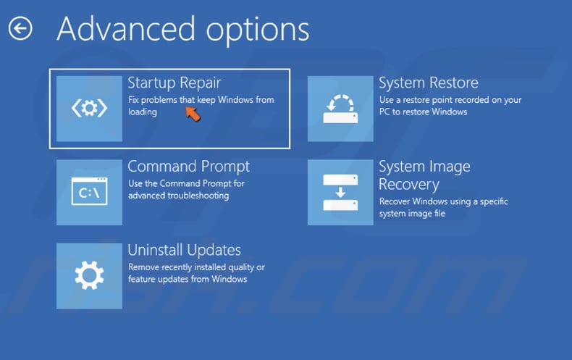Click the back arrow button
(x=20, y=29)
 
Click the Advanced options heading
(x=182, y=29)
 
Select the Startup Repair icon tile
(x=89, y=109)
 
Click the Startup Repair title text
(x=174, y=83)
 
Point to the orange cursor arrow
(x=192, y=113)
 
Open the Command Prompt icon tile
(x=89, y=192)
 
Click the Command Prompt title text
(x=188, y=167)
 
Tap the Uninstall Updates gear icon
(x=89, y=275)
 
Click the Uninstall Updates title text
(x=184, y=250)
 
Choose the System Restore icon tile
(x=340, y=109)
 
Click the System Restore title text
(x=428, y=83)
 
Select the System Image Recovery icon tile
(x=340, y=192)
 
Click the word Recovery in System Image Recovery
(x=408, y=185)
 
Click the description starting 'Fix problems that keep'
(x=201, y=100)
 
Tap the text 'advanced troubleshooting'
(x=178, y=196)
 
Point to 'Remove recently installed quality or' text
(x=196, y=267)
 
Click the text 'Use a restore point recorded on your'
(x=450, y=100)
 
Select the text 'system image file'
(x=412, y=214)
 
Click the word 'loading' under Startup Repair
(x=142, y=112)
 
